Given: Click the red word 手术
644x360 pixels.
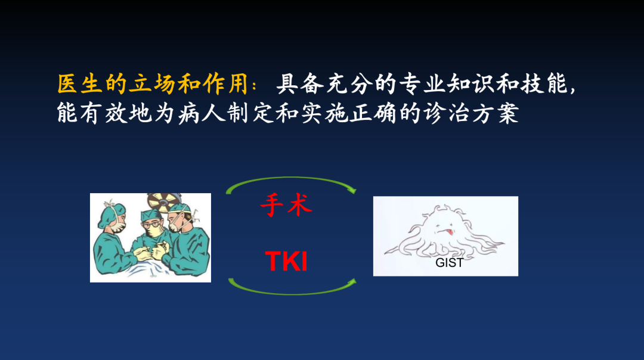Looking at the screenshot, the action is click(x=286, y=205).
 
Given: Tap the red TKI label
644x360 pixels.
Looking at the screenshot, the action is click(x=286, y=261).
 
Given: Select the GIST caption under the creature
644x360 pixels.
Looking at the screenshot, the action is click(x=450, y=263).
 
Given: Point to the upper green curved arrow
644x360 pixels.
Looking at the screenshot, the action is click(x=292, y=179).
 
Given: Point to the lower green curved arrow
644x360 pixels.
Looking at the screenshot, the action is click(x=292, y=293).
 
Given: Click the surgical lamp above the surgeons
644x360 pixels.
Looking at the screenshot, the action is click(x=165, y=201).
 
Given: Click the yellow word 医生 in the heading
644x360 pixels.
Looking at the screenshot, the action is click(x=80, y=84).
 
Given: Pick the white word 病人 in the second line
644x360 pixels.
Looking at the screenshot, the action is click(x=202, y=113).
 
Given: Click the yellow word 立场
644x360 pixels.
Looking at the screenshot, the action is click(x=152, y=84).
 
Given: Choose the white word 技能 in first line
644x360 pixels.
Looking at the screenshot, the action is click(x=544, y=84).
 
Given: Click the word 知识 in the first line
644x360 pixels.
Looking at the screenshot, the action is click(x=471, y=84).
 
